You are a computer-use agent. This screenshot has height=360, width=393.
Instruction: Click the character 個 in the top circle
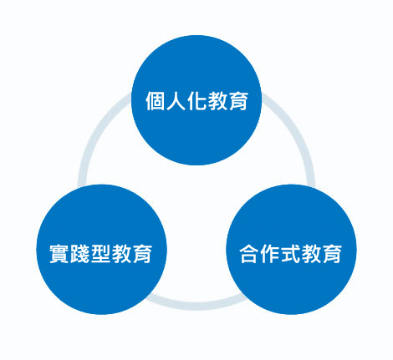(x=156, y=100)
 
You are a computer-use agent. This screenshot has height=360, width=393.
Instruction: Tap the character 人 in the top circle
(x=176, y=100)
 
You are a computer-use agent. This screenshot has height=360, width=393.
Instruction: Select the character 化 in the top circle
(x=196, y=100)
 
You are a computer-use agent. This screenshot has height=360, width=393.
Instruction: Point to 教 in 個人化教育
(x=217, y=100)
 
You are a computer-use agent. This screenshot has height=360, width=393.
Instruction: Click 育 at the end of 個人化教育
(x=237, y=100)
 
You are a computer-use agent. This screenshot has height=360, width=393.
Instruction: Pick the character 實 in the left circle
(x=59, y=253)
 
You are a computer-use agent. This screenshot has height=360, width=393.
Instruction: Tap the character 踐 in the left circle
(x=80, y=253)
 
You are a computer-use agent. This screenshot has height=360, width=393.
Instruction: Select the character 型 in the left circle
(x=100, y=253)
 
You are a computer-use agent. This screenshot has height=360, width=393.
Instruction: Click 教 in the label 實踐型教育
(x=121, y=253)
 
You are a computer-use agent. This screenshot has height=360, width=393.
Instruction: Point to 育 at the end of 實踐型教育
(x=142, y=253)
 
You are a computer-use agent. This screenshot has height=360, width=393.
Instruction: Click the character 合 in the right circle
(x=249, y=253)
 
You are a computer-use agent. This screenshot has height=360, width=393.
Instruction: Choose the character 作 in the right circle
(x=270, y=253)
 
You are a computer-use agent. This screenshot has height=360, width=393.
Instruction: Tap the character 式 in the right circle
(x=291, y=253)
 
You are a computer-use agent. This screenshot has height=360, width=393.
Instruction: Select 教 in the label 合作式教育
(x=311, y=253)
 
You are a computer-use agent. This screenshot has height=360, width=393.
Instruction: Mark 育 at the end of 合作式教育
(x=332, y=253)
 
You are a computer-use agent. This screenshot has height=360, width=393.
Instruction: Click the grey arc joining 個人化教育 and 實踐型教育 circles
(x=94, y=135)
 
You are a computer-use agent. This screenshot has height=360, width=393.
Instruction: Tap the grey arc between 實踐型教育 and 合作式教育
(x=196, y=306)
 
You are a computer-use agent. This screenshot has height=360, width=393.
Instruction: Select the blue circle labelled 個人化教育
(x=196, y=100)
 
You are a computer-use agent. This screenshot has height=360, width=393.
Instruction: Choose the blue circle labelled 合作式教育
(x=291, y=250)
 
